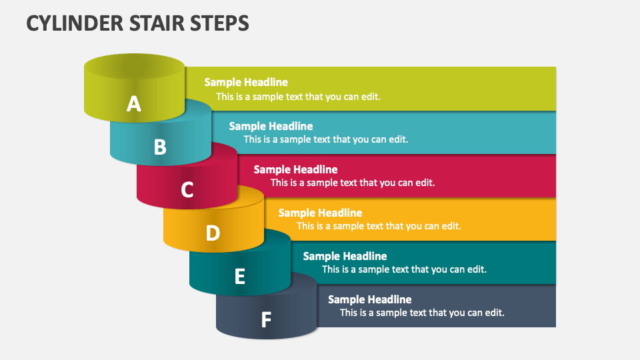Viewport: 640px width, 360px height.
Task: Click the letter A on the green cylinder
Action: tap(134, 104)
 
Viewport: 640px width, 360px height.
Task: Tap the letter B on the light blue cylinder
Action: tap(160, 147)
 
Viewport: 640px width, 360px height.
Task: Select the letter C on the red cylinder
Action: tap(187, 190)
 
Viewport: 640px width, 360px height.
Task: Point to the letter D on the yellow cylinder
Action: tap(213, 233)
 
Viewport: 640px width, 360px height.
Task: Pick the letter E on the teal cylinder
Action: tap(240, 276)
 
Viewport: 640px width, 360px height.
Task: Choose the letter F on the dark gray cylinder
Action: tap(266, 320)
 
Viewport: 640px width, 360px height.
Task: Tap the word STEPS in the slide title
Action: tap(216, 23)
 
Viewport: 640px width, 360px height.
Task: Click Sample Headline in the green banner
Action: tap(246, 82)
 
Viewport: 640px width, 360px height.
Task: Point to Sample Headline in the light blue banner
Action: tap(271, 126)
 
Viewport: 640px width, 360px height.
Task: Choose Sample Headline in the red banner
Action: tap(295, 169)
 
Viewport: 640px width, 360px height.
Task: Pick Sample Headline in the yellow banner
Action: tap(320, 213)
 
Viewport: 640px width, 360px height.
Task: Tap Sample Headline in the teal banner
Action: tap(345, 256)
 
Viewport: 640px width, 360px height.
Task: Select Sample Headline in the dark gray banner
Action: tap(369, 299)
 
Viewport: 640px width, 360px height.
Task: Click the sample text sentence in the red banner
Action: tap(353, 183)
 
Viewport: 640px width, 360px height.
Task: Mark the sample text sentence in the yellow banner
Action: tap(379, 226)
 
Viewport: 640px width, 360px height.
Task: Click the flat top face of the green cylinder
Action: tap(134, 66)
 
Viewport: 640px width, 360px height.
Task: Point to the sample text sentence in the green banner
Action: tap(298, 96)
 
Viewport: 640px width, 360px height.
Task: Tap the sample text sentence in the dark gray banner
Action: tap(422, 312)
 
